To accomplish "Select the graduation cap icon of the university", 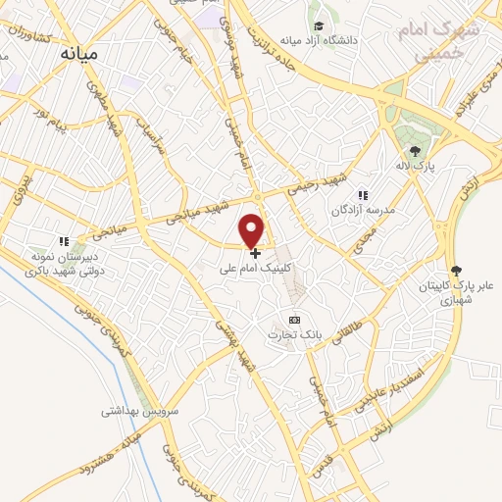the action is pos(318,26).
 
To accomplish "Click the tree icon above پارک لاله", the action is pos(415,150).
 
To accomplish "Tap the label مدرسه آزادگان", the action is pos(362,210).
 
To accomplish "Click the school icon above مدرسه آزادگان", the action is pos(363,195).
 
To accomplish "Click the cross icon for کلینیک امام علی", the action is pos(255,252).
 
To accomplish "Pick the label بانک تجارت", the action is pos(294,334).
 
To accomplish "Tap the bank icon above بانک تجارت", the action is pos(294,320).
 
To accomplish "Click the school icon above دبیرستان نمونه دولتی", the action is pos(64,241).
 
